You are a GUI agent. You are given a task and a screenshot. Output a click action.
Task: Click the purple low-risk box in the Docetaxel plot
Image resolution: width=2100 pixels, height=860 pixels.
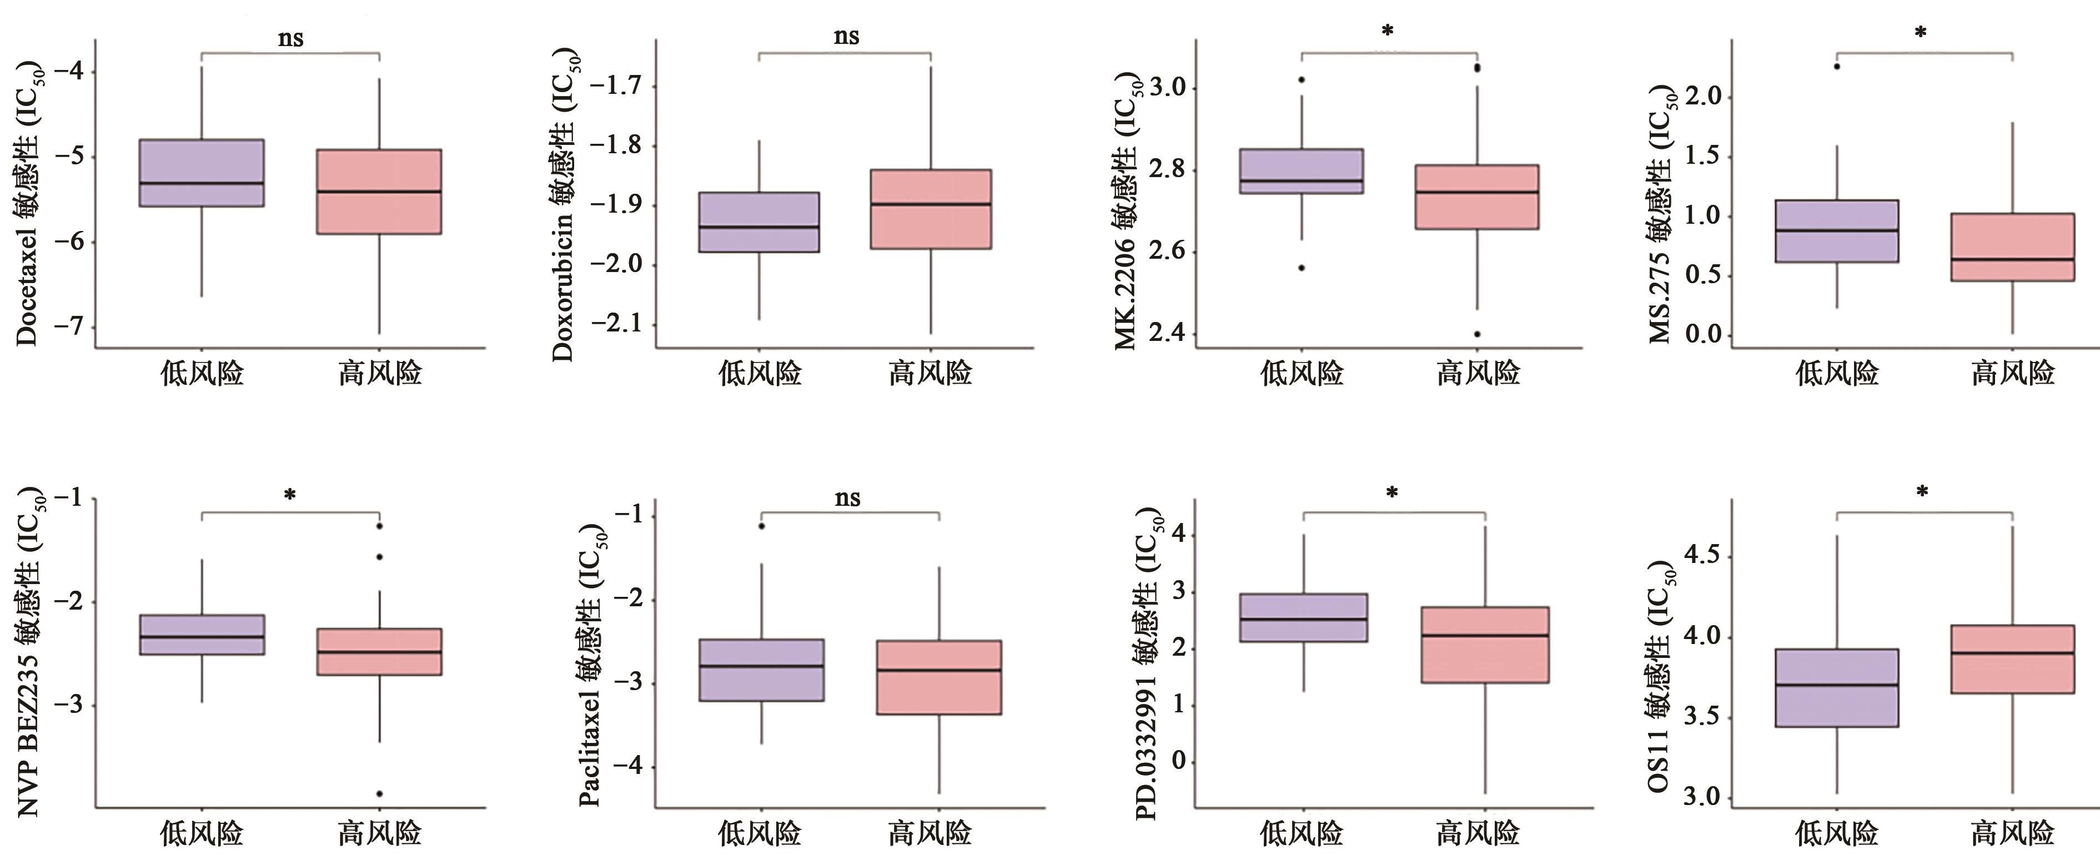pyautogui.click(x=202, y=173)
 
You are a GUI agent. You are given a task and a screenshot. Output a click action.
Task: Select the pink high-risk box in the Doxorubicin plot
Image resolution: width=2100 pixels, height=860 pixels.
pyautogui.click(x=930, y=209)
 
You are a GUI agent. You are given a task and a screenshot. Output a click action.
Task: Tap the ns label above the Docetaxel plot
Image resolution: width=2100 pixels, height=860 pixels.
pyautogui.click(x=290, y=38)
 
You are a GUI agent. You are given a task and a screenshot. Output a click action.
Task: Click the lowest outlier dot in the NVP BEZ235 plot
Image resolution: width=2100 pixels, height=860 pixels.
pyautogui.click(x=380, y=793)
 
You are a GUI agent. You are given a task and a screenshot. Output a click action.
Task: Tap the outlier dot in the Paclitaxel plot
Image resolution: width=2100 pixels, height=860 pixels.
pyautogui.click(x=761, y=526)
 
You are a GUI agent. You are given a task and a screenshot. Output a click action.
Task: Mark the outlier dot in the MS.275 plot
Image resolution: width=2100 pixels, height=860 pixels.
pyautogui.click(x=1837, y=66)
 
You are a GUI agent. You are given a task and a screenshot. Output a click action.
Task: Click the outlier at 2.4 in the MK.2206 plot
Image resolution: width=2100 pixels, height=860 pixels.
pyautogui.click(x=1477, y=334)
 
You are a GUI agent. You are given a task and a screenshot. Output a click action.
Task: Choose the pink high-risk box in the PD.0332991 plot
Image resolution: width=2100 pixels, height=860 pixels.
pyautogui.click(x=1485, y=644)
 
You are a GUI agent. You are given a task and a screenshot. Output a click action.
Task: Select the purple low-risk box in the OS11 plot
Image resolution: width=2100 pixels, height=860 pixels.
pyautogui.click(x=1837, y=687)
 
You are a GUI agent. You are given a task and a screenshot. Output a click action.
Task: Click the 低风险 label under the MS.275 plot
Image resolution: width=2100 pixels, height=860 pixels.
pyautogui.click(x=1837, y=373)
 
